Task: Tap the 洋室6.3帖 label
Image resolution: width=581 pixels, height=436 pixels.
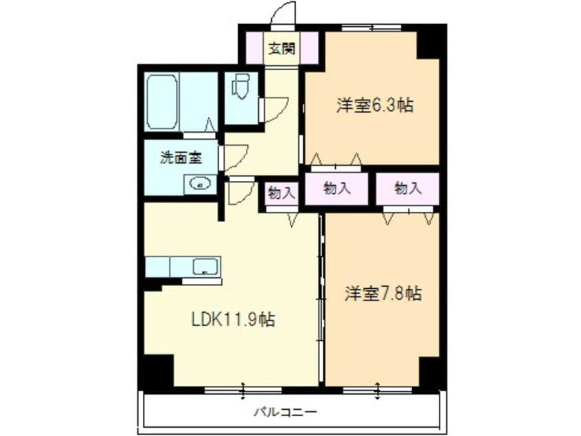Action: [374, 106]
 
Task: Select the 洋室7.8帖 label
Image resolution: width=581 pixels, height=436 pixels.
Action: [383, 294]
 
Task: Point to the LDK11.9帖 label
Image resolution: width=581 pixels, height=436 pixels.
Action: [233, 319]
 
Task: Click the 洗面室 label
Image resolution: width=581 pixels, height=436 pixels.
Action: [181, 157]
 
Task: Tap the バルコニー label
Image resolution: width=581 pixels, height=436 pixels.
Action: [285, 412]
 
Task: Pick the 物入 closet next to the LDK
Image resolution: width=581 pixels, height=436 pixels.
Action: [281, 193]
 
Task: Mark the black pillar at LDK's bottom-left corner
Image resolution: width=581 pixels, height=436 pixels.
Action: [155, 372]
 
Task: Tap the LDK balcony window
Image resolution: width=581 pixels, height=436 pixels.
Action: [243, 390]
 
